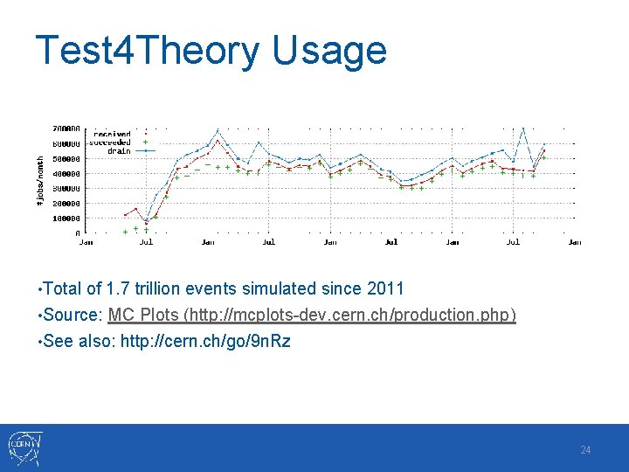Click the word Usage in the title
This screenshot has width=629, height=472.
[329, 51]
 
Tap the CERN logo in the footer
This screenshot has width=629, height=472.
[22, 448]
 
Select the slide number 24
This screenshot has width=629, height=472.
[585, 449]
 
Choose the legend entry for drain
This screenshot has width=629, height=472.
[119, 150]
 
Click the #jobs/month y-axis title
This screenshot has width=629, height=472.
[39, 181]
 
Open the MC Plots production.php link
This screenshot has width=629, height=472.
[312, 315]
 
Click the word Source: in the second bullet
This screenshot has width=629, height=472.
[73, 315]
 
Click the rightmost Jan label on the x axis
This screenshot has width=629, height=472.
[574, 242]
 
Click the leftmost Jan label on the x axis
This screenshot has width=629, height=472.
[86, 242]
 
